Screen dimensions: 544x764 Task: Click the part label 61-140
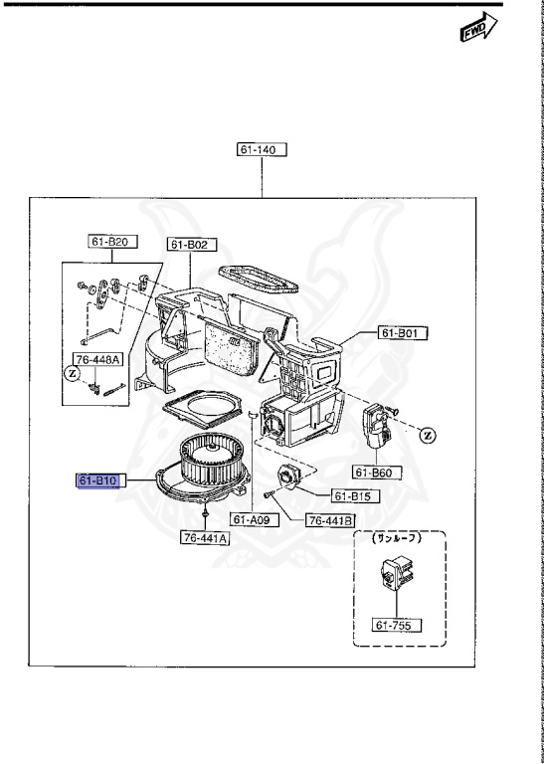[262, 149]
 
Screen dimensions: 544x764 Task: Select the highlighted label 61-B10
[98, 480]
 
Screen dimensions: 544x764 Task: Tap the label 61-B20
[112, 242]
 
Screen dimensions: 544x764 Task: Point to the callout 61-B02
[192, 245]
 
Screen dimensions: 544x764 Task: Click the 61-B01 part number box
[403, 333]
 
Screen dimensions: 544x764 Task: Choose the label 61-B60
[377, 473]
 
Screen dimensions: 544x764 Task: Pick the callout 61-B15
[355, 496]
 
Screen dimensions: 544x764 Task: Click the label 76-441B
[331, 521]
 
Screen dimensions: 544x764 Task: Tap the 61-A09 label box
[255, 520]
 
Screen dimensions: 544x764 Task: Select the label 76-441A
[205, 537]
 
